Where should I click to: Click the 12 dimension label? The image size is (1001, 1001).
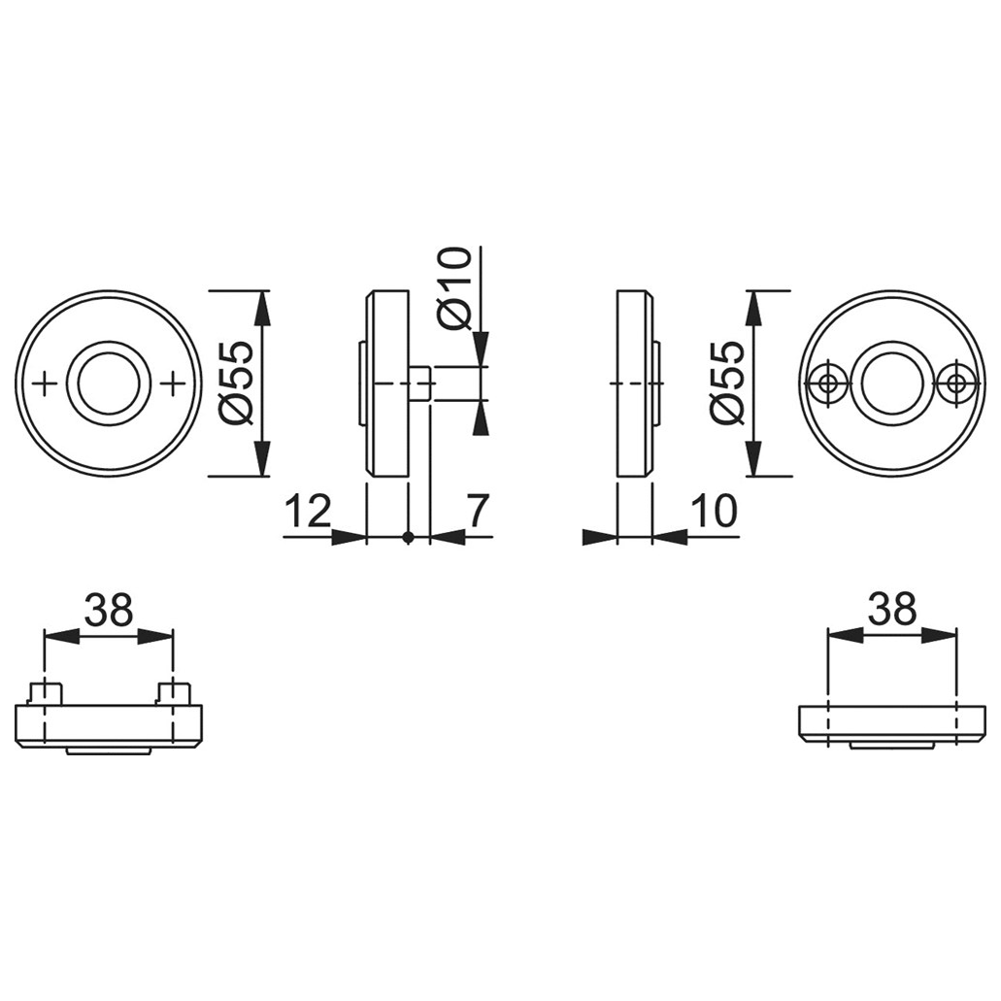click(x=309, y=511)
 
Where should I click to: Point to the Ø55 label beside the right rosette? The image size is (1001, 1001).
click(x=728, y=384)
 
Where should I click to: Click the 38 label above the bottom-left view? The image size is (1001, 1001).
click(x=109, y=609)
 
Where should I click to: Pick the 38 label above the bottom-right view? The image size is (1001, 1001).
click(x=892, y=609)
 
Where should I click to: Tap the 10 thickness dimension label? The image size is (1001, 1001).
click(x=714, y=511)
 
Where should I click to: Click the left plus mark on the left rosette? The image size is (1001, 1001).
click(x=44, y=384)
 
